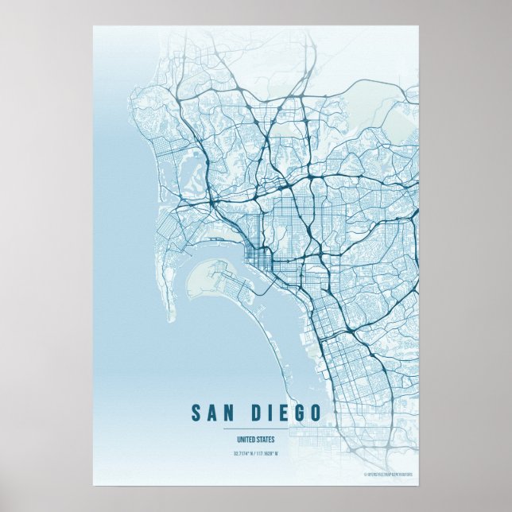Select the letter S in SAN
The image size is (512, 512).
(196, 413)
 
